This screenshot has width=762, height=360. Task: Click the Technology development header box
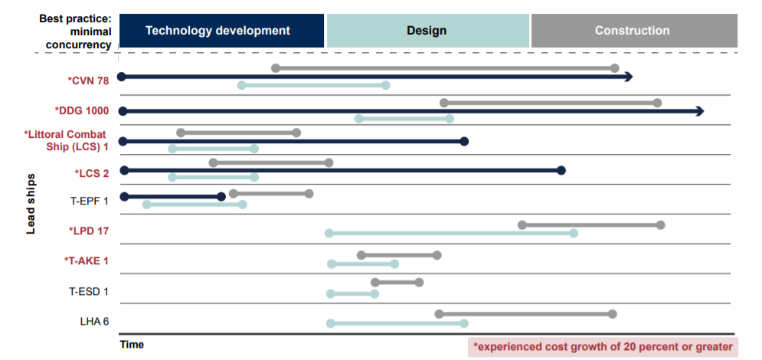221,31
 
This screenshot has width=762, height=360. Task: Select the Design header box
427,31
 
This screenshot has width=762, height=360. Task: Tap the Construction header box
634,31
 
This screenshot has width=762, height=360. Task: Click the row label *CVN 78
88,80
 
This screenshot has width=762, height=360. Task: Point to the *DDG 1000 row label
82,111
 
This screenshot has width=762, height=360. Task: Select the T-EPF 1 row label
89,200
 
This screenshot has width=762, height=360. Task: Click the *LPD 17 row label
88,231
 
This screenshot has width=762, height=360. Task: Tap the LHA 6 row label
94,321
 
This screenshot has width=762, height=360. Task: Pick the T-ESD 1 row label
89,292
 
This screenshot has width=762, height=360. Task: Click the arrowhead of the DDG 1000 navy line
700,111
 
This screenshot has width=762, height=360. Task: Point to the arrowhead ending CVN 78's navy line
628,77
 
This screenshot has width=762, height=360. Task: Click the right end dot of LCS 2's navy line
561,170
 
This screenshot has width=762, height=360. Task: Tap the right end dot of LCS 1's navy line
464,142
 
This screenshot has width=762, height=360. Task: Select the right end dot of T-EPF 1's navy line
221,196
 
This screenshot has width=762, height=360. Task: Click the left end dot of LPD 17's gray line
522,225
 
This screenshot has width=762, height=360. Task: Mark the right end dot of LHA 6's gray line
613,314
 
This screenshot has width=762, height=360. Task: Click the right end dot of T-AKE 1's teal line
394,263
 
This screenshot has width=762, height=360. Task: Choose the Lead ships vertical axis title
31,204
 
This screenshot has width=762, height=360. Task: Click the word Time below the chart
132,345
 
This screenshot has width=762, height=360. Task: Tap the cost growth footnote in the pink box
603,347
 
